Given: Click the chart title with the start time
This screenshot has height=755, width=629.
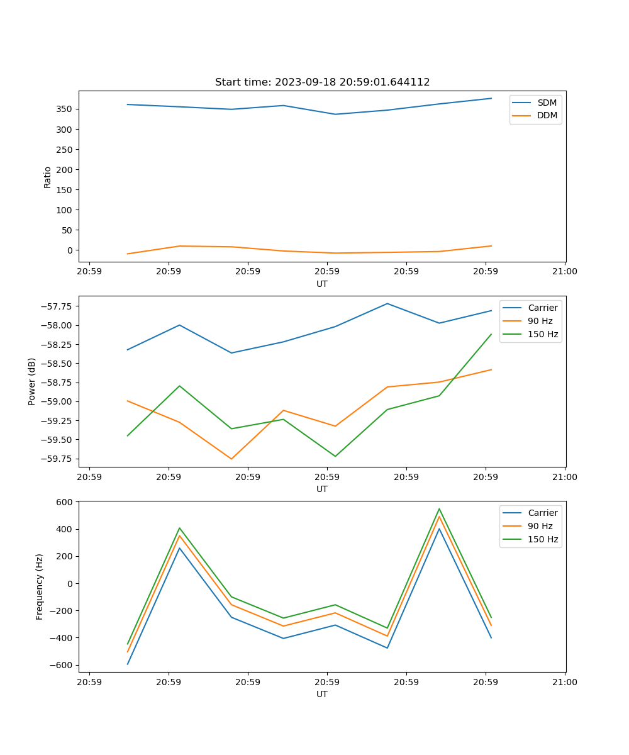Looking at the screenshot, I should [x=322, y=82].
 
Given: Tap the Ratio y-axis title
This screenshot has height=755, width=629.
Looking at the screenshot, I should [x=48, y=177].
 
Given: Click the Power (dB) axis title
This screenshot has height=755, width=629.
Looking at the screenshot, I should [x=32, y=381].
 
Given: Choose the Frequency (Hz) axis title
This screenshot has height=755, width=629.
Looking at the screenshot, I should [x=40, y=586].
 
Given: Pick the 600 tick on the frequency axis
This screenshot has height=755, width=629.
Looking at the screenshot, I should [x=65, y=502].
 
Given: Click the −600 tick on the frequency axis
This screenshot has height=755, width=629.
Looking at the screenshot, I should [x=63, y=665].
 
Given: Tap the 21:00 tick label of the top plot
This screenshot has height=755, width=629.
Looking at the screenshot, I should [x=564, y=272].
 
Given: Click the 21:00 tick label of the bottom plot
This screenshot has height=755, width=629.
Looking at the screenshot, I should [x=564, y=682].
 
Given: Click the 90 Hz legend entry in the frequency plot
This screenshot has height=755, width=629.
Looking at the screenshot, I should [x=540, y=526].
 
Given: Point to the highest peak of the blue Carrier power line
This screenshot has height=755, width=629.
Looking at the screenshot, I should [x=387, y=304].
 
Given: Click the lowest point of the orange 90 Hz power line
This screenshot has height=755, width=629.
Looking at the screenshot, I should [x=231, y=459].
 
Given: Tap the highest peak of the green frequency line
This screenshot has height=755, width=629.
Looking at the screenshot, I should [x=439, y=509].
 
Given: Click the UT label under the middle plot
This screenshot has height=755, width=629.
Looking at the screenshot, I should [x=322, y=489].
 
